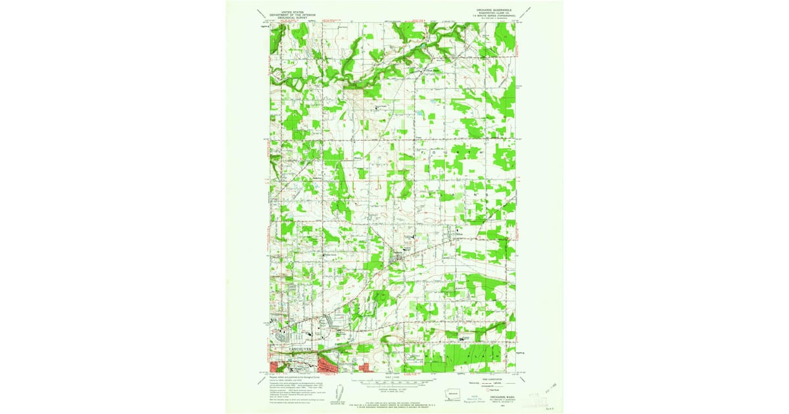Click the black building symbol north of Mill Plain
click(462, 338)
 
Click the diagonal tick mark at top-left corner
click(262, 13)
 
